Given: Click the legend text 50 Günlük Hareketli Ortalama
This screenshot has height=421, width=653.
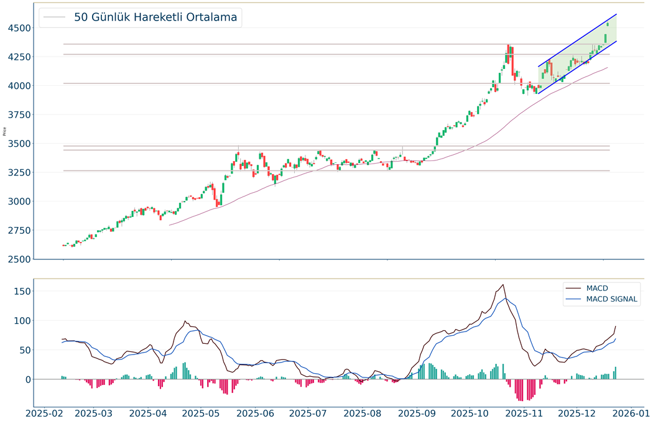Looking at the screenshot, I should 155,17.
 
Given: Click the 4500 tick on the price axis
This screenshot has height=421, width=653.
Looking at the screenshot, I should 14,28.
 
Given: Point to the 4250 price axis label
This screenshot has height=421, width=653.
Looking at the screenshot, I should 14,57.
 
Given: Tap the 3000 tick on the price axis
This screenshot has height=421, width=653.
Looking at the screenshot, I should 14,201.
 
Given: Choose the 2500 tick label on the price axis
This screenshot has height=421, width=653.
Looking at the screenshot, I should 14,259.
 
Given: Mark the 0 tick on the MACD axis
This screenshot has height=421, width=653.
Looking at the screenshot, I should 25,379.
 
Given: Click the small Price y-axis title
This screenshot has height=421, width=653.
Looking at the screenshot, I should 5,131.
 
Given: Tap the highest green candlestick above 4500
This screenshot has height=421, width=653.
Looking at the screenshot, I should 608,24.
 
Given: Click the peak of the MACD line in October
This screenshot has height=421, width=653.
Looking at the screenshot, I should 502,285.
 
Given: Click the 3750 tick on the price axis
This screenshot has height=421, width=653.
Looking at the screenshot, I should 14,114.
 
